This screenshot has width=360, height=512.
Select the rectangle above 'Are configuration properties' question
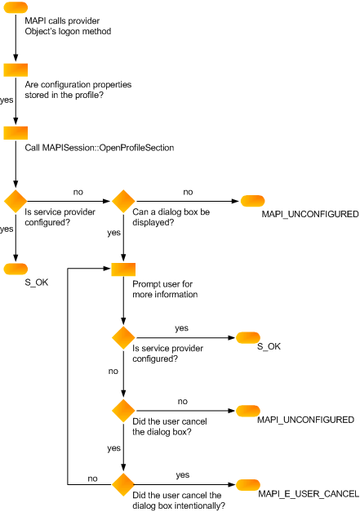pyautogui.click(x=16, y=70)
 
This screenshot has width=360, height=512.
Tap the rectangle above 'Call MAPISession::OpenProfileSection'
pyautogui.click(x=16, y=133)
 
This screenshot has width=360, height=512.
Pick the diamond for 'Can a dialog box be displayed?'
pyautogui.click(x=122, y=201)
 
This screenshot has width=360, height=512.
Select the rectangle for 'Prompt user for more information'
pyautogui.click(x=122, y=269)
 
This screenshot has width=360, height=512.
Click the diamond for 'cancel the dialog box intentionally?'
pyautogui.click(x=122, y=484)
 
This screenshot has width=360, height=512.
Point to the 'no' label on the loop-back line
pyautogui.click(x=92, y=478)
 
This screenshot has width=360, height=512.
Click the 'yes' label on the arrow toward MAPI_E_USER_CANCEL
pyautogui.click(x=182, y=474)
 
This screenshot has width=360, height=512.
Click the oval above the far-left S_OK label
pyautogui.click(x=16, y=269)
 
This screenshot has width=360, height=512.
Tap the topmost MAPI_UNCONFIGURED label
pyautogui.click(x=310, y=213)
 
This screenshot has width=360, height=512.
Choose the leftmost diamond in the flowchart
pyautogui.click(x=16, y=201)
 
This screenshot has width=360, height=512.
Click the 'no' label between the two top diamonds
pyautogui.click(x=78, y=192)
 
